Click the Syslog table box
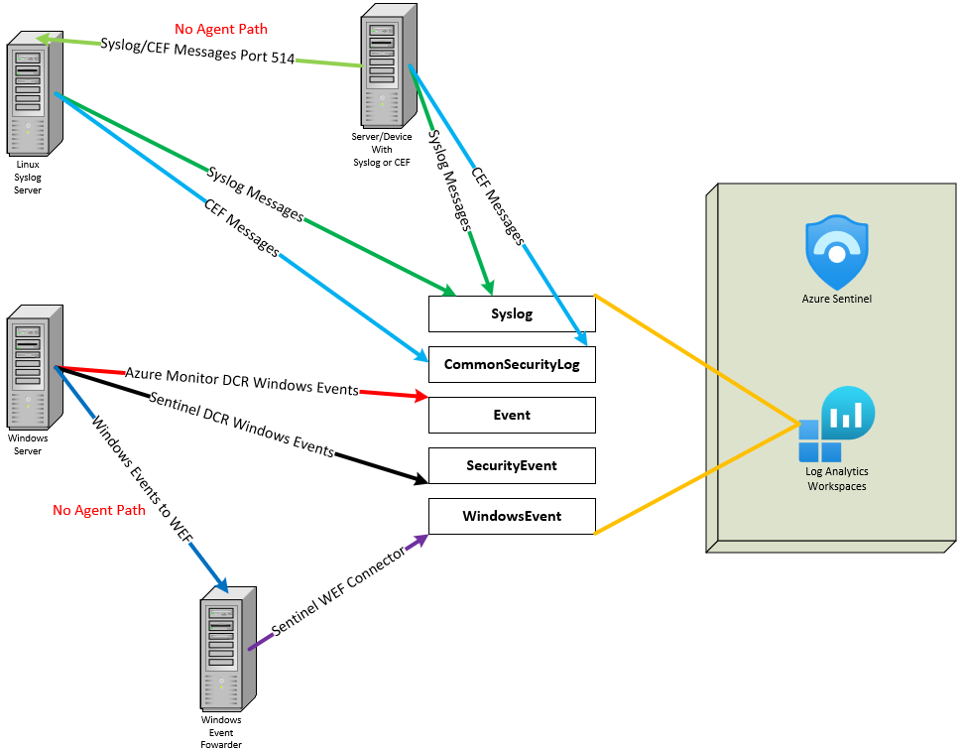[512, 313]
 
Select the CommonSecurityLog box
[512, 364]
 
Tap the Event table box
[512, 415]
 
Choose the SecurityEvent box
[512, 465]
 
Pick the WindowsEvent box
[512, 516]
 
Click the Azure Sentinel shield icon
[836, 254]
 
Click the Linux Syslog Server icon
[34, 93]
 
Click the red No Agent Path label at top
[221, 29]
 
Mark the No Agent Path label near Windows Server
[99, 510]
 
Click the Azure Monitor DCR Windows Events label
[241, 381]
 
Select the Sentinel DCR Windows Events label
[240, 424]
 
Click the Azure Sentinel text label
[836, 298]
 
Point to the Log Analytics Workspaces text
[836, 480]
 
